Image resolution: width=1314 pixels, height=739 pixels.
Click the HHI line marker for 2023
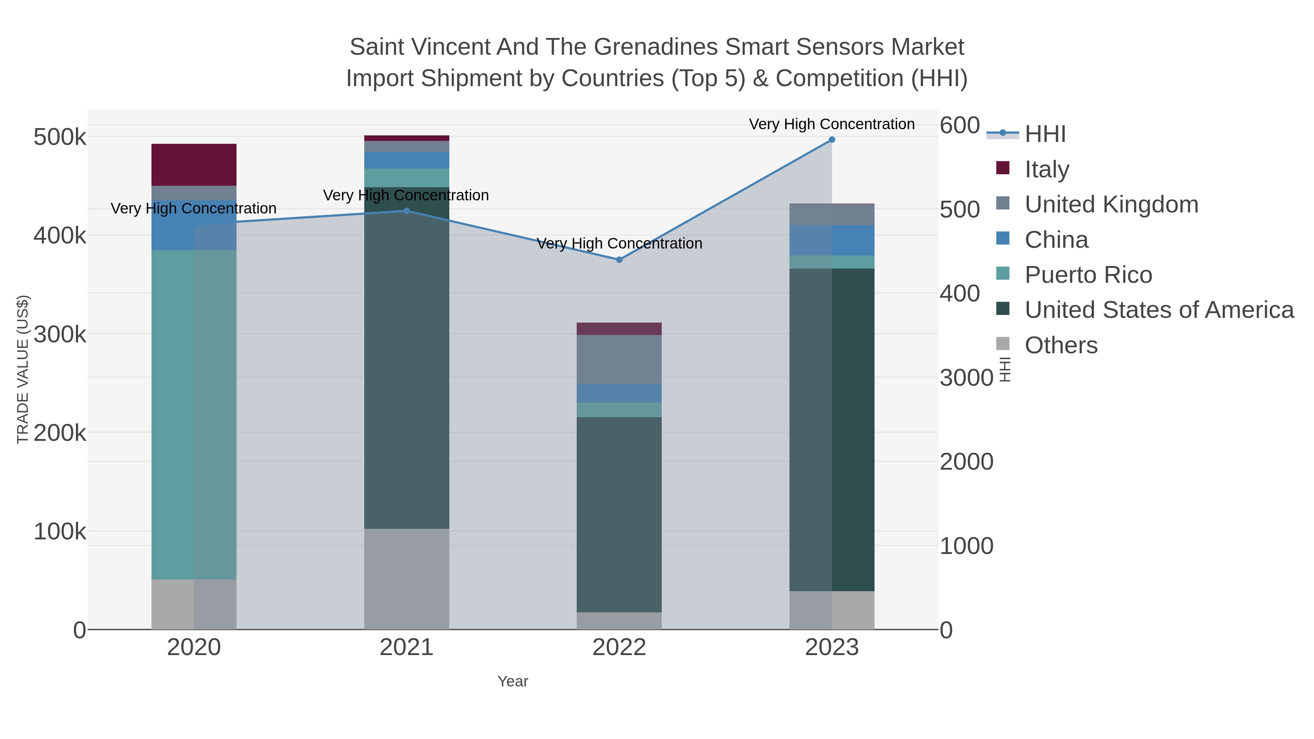pyautogui.click(x=831, y=140)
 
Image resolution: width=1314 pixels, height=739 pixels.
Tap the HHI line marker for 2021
pyautogui.click(x=407, y=211)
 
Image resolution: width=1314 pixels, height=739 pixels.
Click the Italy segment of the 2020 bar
pyautogui.click(x=194, y=165)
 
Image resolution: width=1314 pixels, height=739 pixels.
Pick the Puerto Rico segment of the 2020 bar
pyautogui.click(x=194, y=414)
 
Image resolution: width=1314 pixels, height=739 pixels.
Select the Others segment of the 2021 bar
pyautogui.click(x=407, y=578)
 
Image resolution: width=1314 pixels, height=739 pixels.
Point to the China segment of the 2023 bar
pyautogui.click(x=831, y=240)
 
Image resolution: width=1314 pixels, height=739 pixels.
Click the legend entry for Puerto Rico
pyautogui.click(x=1088, y=275)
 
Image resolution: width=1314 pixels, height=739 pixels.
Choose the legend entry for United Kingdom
pyautogui.click(x=1111, y=204)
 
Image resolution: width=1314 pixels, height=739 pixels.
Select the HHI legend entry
pyautogui.click(x=1045, y=134)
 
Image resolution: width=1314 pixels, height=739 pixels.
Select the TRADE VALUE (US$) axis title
pyautogui.click(x=23, y=369)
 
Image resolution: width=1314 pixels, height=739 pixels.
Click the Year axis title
pyautogui.click(x=513, y=681)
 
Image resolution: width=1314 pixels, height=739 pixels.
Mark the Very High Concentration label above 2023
pyautogui.click(x=831, y=124)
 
